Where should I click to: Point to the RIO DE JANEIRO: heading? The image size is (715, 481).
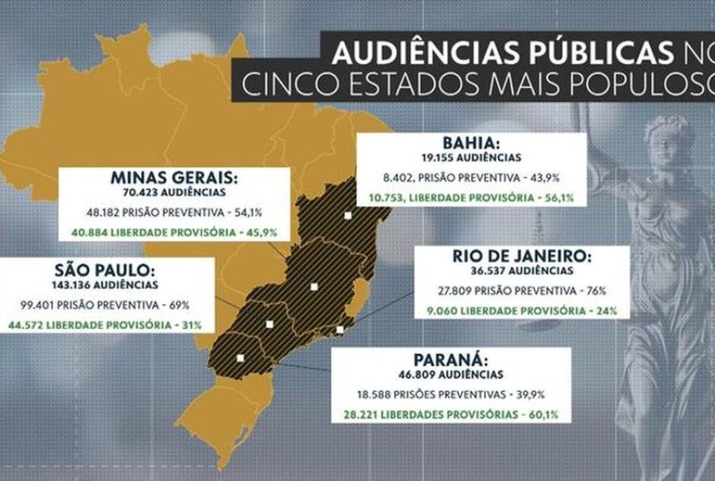[x=522, y=257]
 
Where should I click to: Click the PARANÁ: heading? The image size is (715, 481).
[x=449, y=361]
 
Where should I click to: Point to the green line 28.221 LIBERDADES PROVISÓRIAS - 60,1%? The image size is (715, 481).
[x=449, y=414]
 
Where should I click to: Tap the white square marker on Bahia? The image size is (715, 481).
[x=348, y=215]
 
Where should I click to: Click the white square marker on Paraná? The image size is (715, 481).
[x=240, y=357]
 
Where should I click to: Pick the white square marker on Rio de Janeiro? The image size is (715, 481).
[x=340, y=329]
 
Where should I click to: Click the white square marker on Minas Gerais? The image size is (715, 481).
[x=314, y=286]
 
